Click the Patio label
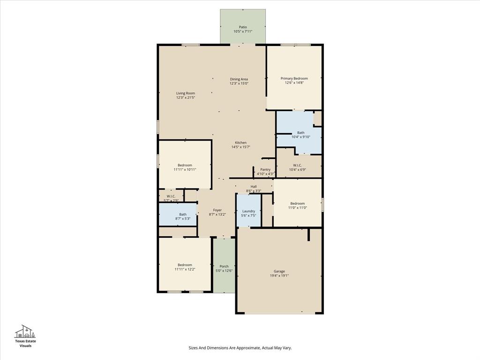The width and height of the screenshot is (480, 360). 243,27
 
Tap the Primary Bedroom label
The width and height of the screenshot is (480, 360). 294,78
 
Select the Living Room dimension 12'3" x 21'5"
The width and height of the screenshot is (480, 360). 186,97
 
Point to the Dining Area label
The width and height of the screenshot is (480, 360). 239,79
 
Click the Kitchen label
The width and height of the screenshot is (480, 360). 240,142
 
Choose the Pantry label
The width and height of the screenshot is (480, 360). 265,169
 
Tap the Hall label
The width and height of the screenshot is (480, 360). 254,187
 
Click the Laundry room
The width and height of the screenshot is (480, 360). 248,213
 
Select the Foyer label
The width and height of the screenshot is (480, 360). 217,210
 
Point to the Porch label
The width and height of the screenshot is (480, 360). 224,266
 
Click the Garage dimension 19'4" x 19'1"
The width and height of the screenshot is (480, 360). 279,276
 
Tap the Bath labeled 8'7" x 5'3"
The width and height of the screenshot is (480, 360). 182,216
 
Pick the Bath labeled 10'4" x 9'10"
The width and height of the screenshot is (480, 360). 300,135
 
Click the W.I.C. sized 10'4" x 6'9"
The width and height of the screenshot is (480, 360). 297,167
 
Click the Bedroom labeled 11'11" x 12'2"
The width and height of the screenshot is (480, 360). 185,267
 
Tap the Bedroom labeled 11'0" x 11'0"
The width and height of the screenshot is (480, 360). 297,205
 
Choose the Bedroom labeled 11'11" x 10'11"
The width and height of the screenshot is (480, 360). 185,167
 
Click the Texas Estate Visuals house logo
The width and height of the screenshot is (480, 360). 25,331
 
